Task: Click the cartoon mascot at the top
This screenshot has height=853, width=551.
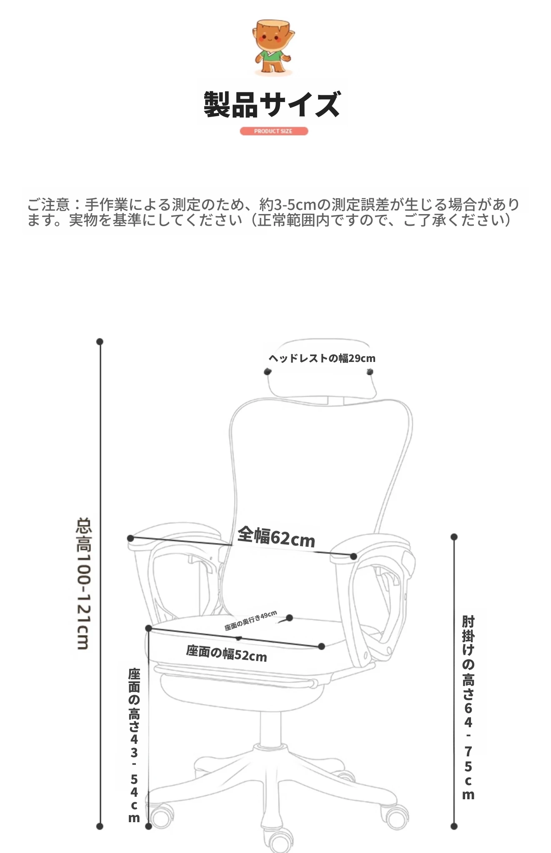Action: (x=273, y=47)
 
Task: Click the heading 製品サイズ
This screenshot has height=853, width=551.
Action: (x=272, y=104)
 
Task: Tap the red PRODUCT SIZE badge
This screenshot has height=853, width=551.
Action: (x=274, y=131)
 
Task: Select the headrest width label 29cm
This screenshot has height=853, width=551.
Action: (x=322, y=358)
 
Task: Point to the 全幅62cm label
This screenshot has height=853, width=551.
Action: (x=276, y=537)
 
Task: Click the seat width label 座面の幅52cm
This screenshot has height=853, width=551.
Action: (x=226, y=653)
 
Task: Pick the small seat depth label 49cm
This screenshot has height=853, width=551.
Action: (x=250, y=621)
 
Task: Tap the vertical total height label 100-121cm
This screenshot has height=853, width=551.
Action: (x=83, y=584)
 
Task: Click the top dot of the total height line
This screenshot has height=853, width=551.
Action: (x=100, y=342)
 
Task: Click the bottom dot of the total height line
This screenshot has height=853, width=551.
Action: (x=100, y=826)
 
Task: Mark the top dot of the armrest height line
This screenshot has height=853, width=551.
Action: (x=454, y=537)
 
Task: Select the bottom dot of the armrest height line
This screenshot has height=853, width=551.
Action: (x=454, y=826)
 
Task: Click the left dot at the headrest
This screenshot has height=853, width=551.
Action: (x=268, y=372)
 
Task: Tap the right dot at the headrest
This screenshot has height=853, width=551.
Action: (x=370, y=372)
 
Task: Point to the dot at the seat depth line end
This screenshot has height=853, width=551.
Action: (x=290, y=618)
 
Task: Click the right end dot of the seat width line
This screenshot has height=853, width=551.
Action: (x=321, y=646)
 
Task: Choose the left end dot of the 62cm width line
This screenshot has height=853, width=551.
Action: (x=130, y=539)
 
